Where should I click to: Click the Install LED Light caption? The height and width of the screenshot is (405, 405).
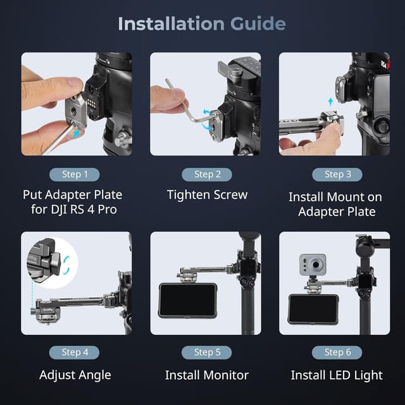pyautogui.click(x=337, y=375)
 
